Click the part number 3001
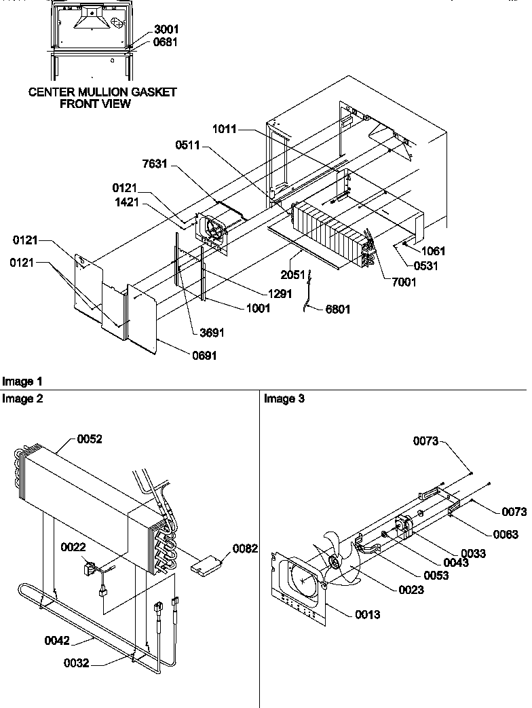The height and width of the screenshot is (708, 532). [166, 30]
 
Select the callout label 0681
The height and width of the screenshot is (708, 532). [166, 41]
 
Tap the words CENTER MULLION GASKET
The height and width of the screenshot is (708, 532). [102, 92]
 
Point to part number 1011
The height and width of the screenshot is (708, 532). [225, 129]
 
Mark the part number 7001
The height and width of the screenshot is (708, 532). [403, 282]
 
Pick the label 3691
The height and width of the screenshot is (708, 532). [211, 333]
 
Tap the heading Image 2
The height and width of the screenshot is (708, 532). [22, 399]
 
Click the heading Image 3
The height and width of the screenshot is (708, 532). [284, 399]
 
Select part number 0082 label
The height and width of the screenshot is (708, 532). [245, 548]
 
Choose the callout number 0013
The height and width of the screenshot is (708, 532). [366, 614]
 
